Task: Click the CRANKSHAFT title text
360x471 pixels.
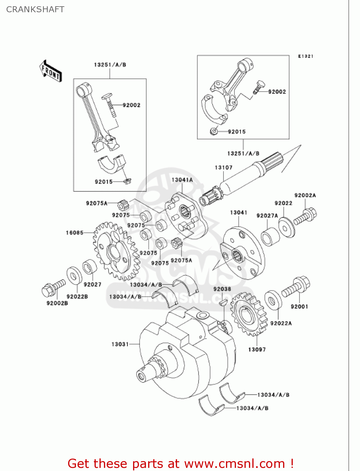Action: click(x=35, y=9)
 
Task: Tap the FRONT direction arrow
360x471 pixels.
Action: click(x=50, y=71)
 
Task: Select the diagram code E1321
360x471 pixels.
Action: click(x=305, y=56)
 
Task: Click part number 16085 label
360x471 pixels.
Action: click(x=74, y=233)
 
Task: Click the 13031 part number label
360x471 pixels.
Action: click(x=120, y=344)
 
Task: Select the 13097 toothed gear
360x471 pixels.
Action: click(x=248, y=314)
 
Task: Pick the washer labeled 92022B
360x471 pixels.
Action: click(x=74, y=276)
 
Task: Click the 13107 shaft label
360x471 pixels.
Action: click(x=223, y=168)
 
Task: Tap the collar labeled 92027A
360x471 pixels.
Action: click(x=270, y=236)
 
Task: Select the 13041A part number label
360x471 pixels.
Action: click(x=182, y=180)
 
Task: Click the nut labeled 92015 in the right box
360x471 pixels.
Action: click(x=214, y=131)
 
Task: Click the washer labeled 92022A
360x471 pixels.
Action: click(x=273, y=300)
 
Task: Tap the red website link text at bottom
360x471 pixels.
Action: click(x=180, y=463)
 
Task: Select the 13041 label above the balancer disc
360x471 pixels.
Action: click(x=239, y=213)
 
